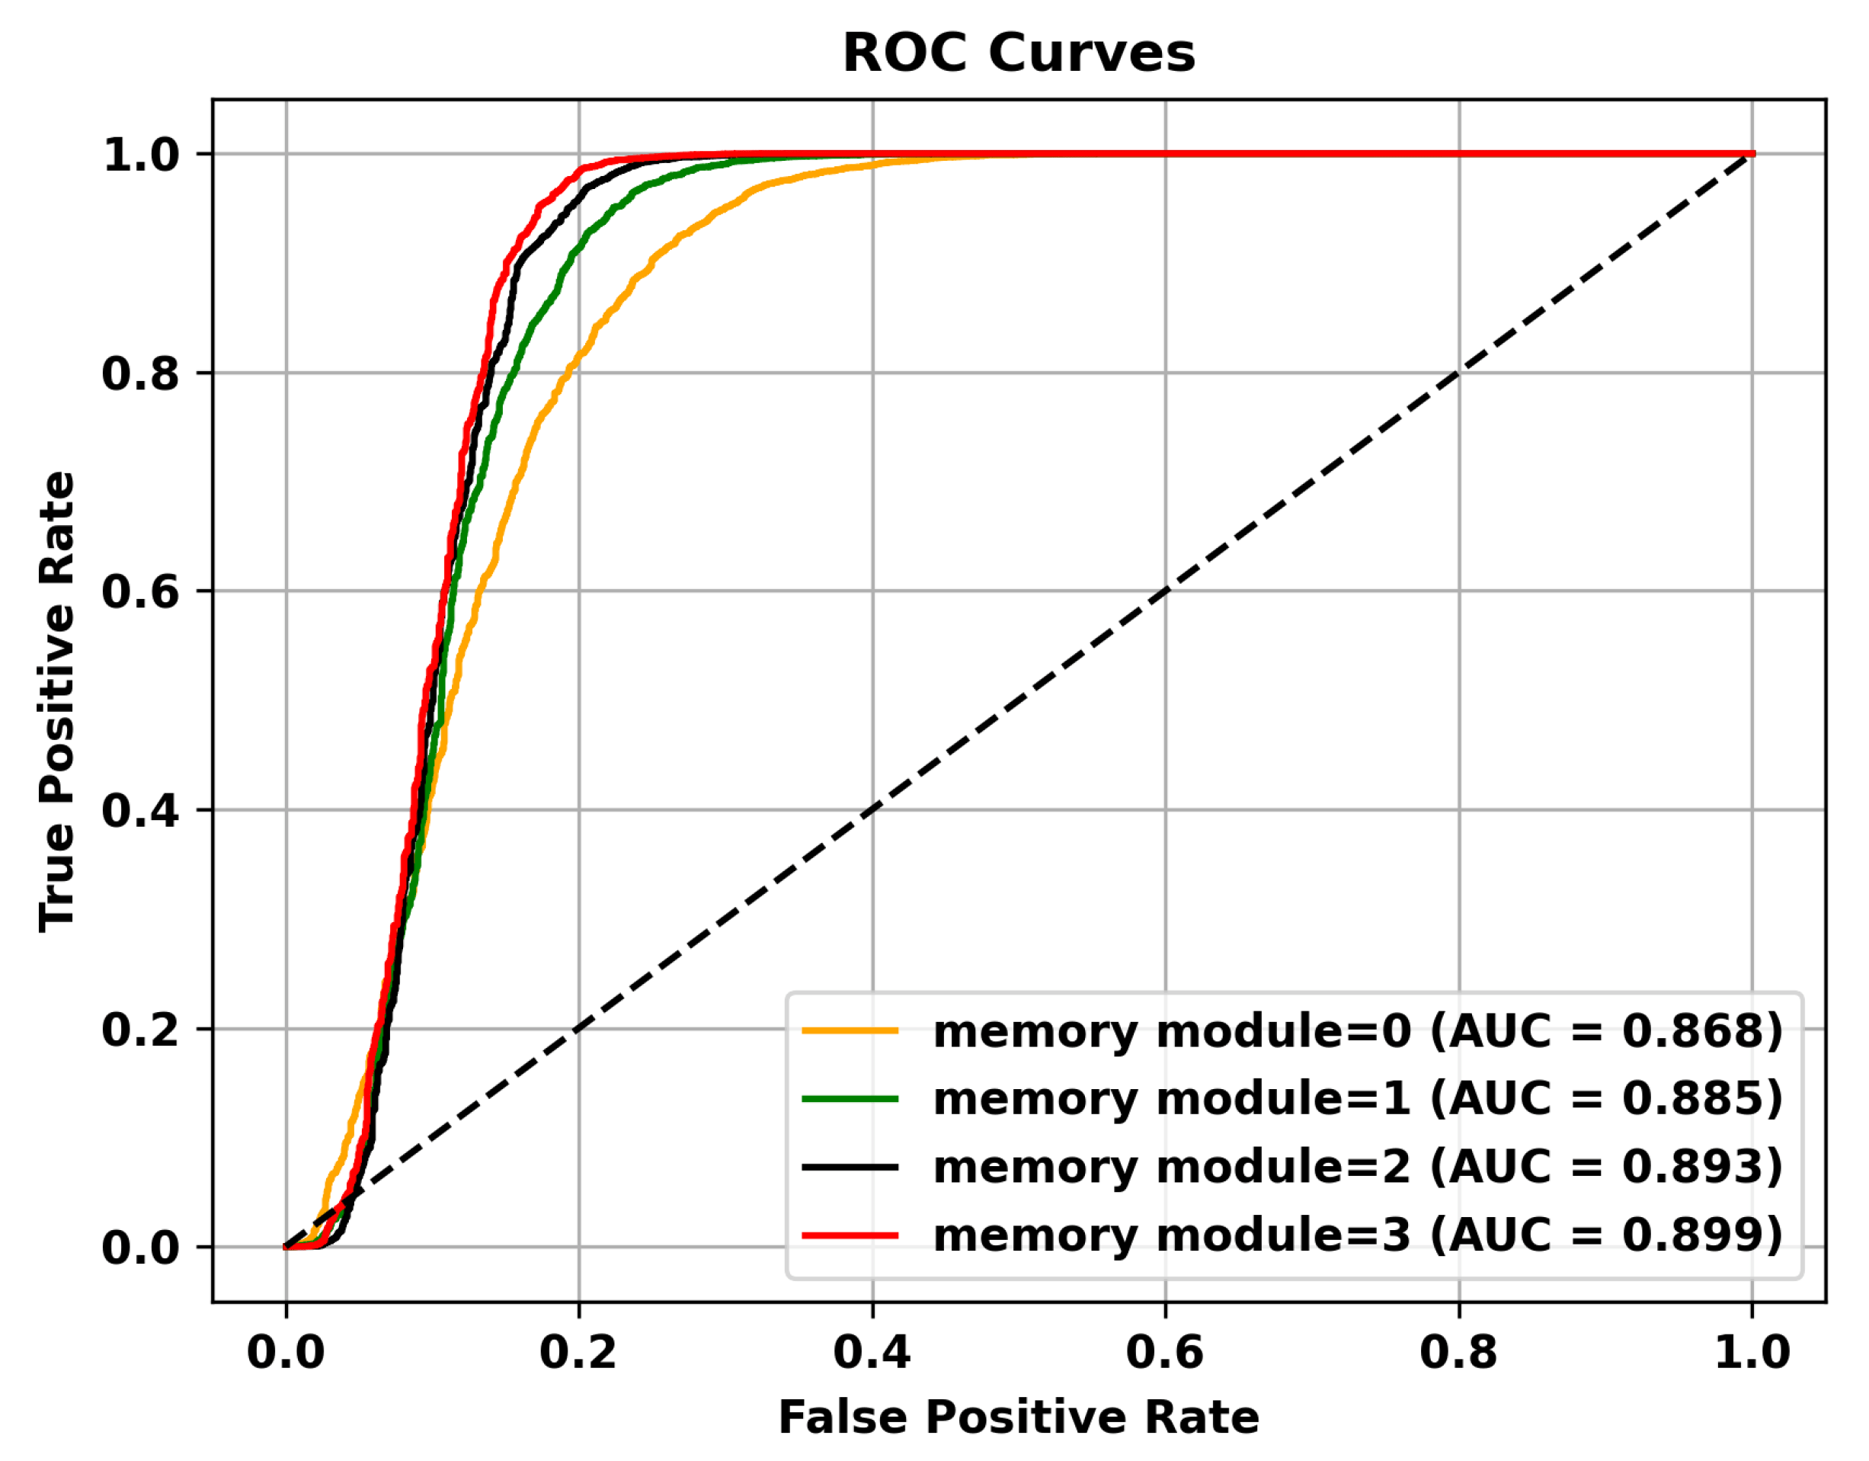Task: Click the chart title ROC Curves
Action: click(1019, 53)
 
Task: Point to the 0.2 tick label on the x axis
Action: click(578, 1351)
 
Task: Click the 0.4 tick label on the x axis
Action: click(872, 1351)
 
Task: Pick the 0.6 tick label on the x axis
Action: click(1165, 1351)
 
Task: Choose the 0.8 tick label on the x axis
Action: click(1458, 1351)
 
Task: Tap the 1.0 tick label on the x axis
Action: click(1752, 1351)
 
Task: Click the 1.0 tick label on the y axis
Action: click(141, 155)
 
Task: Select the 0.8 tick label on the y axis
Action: click(141, 373)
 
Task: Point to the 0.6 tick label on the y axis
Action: click(141, 591)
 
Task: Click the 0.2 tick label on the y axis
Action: click(141, 1029)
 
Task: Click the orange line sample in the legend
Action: click(850, 1031)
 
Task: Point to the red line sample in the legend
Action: click(850, 1235)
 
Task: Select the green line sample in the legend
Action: click(850, 1099)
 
